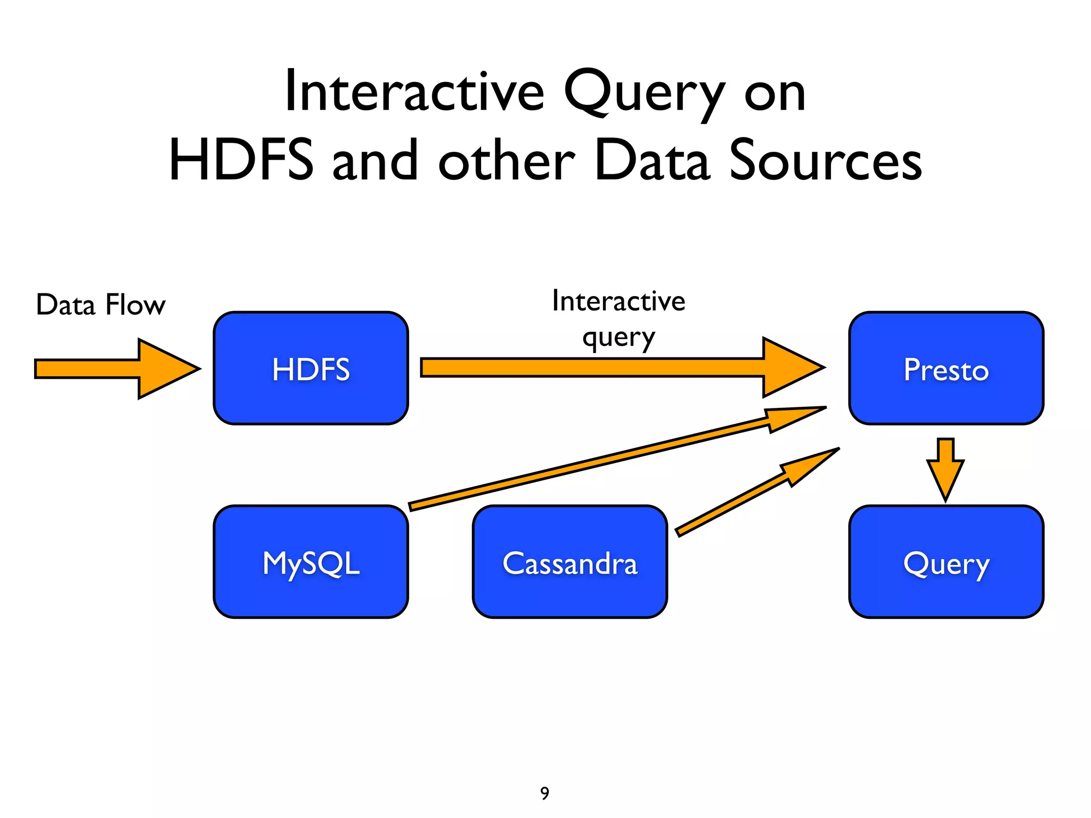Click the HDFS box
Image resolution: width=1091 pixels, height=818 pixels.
tap(311, 368)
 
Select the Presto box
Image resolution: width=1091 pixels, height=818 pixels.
tap(946, 368)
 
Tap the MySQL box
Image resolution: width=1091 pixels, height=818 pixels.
tap(311, 562)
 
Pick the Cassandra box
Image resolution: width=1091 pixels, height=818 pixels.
tap(569, 562)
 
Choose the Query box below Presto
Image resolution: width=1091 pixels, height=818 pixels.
tap(946, 562)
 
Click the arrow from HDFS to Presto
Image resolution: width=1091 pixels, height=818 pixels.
tap(613, 367)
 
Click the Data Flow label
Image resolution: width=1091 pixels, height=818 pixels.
tap(101, 305)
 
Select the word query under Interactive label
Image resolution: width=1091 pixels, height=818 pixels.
tap(618, 338)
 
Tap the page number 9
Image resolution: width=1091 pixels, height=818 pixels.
tap(544, 793)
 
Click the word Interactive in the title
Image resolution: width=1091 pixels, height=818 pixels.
tap(414, 92)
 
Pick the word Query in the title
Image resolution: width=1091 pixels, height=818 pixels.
tap(644, 93)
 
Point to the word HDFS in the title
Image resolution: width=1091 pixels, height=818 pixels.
tap(241, 160)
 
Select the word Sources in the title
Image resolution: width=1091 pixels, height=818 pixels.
tap(825, 160)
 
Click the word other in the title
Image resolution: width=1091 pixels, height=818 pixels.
tap(506, 160)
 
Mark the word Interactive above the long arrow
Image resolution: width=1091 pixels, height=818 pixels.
tap(618, 301)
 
